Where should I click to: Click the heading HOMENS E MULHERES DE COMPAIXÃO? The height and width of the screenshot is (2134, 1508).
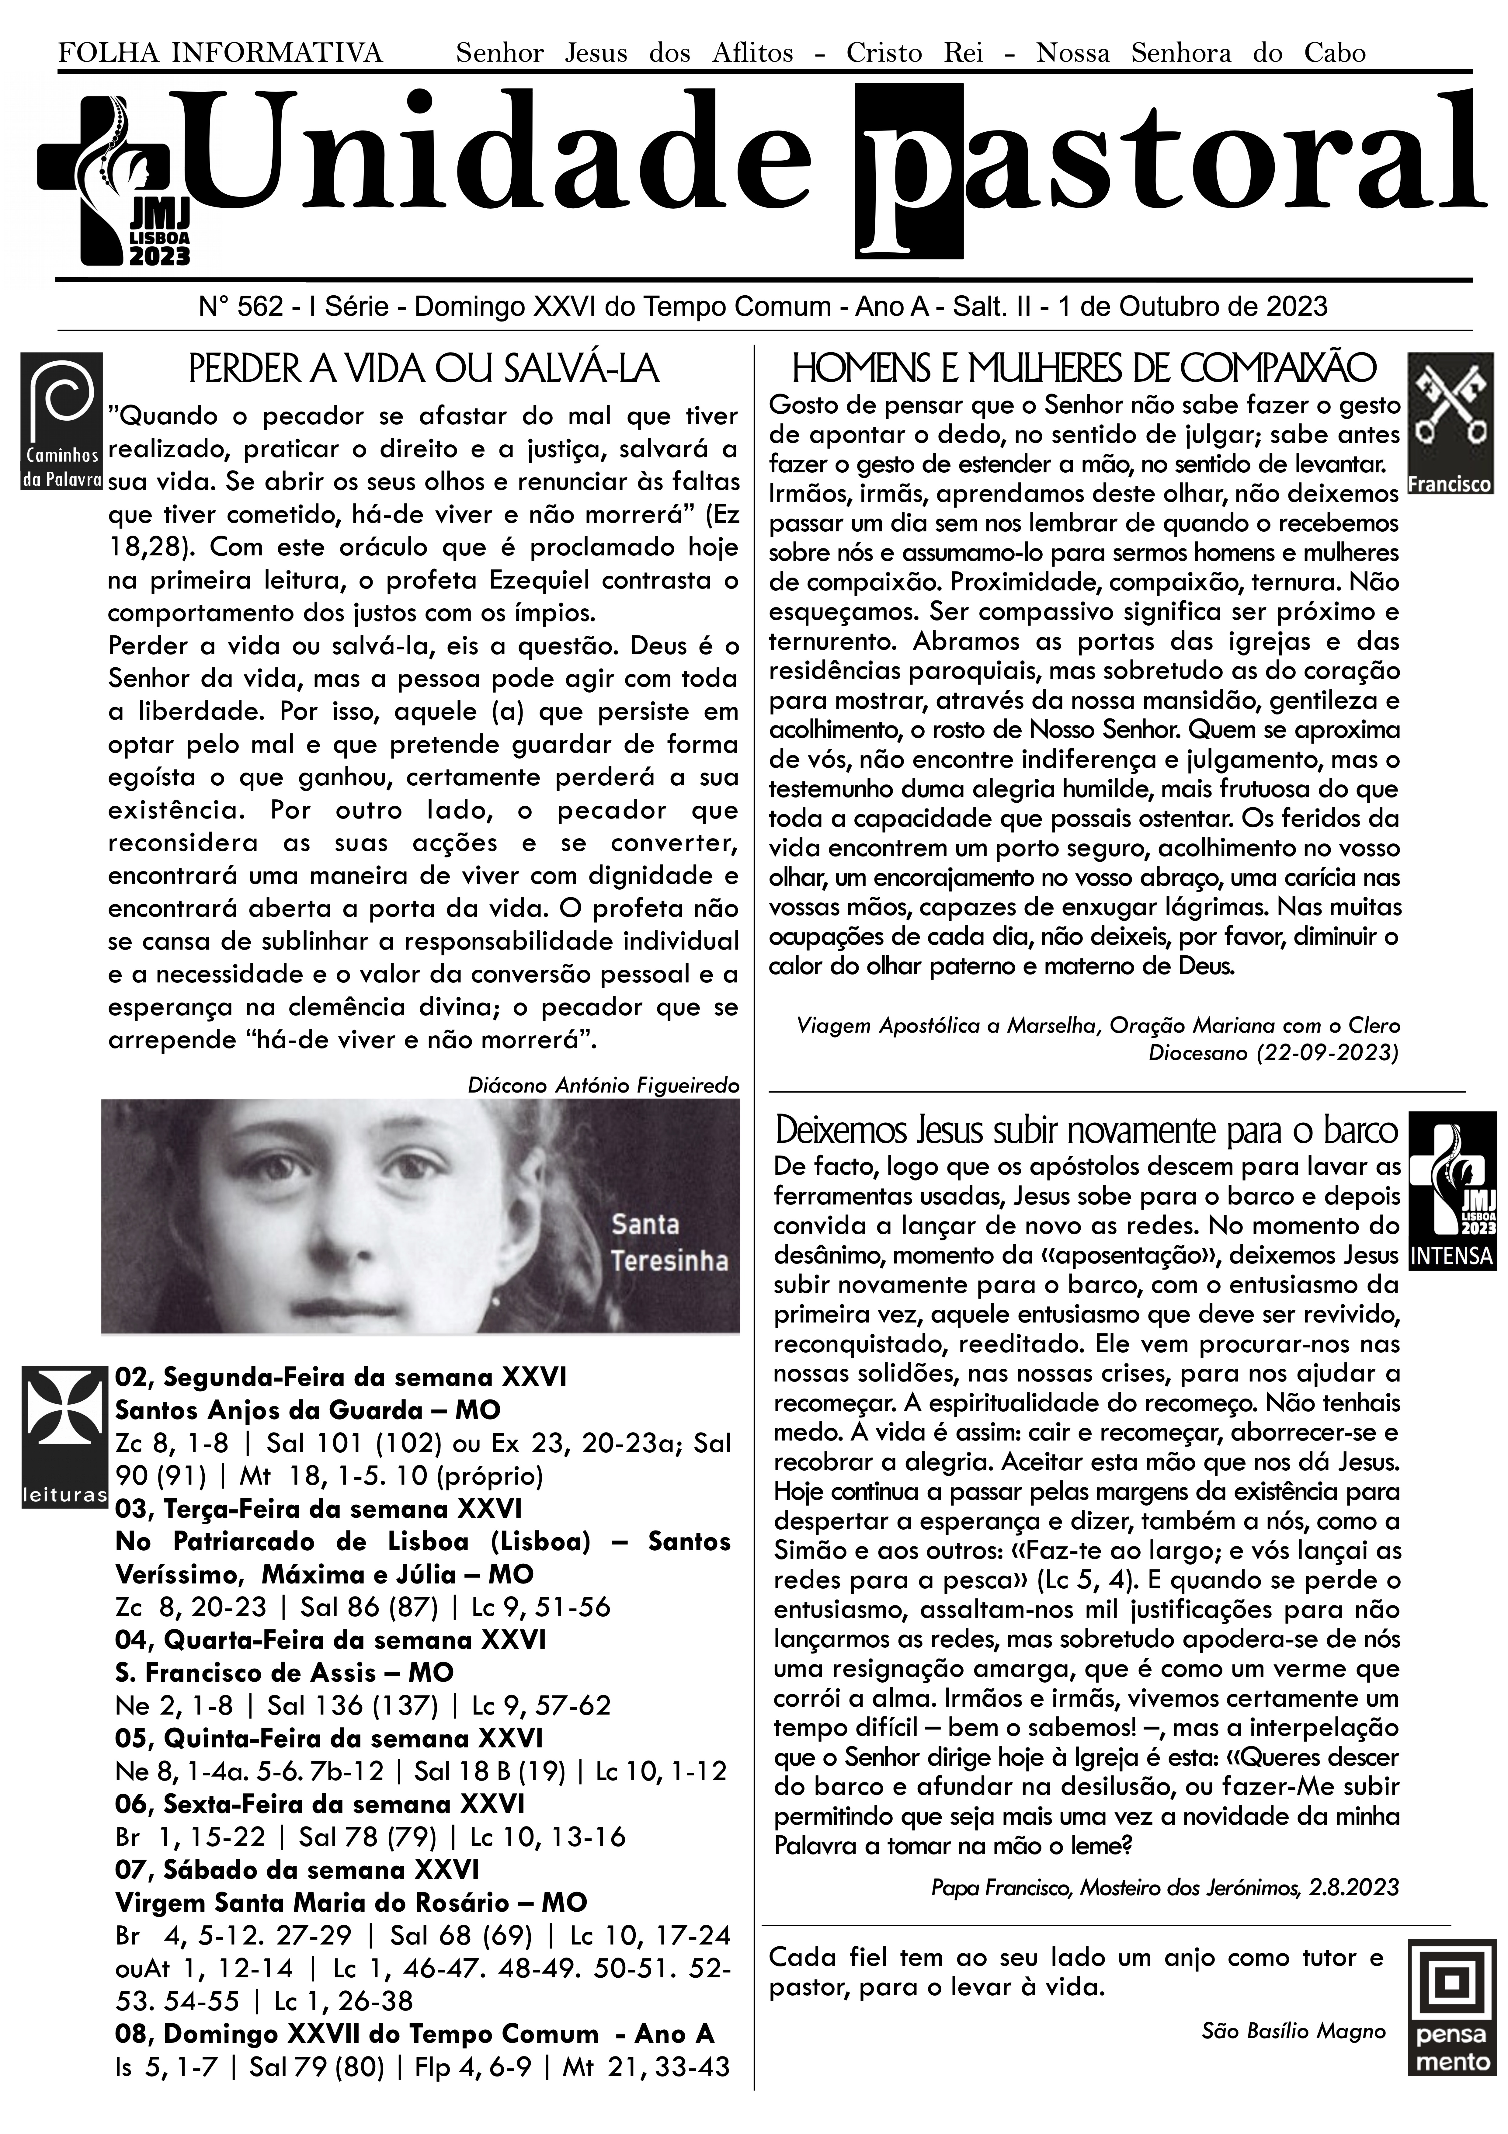pos(1082,369)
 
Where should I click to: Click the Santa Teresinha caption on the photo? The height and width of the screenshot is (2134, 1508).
pos(669,1243)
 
